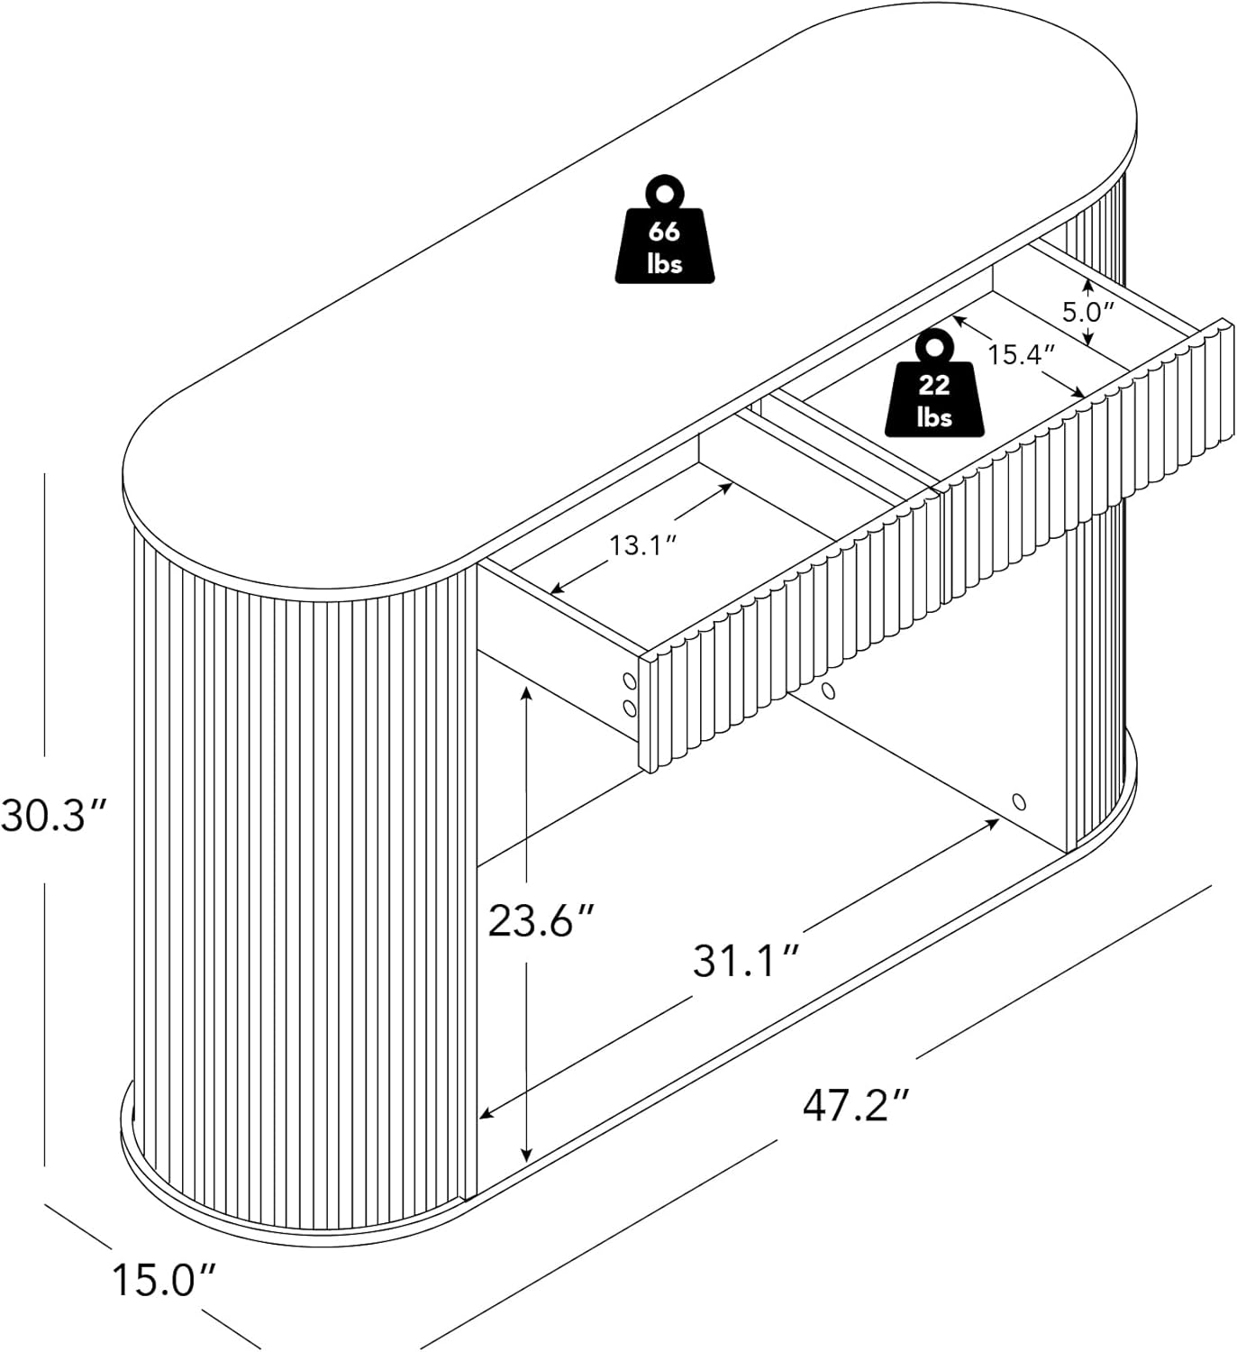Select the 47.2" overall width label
[856, 1106]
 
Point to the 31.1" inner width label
[745, 961]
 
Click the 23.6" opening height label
[541, 920]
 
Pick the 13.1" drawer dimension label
[642, 545]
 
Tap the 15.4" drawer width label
[1020, 354]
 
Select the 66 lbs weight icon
[664, 228]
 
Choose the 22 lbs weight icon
[933, 382]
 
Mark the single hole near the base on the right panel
[1019, 801]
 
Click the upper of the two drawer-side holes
[629, 681]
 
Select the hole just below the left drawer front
[828, 691]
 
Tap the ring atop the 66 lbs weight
[665, 193]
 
